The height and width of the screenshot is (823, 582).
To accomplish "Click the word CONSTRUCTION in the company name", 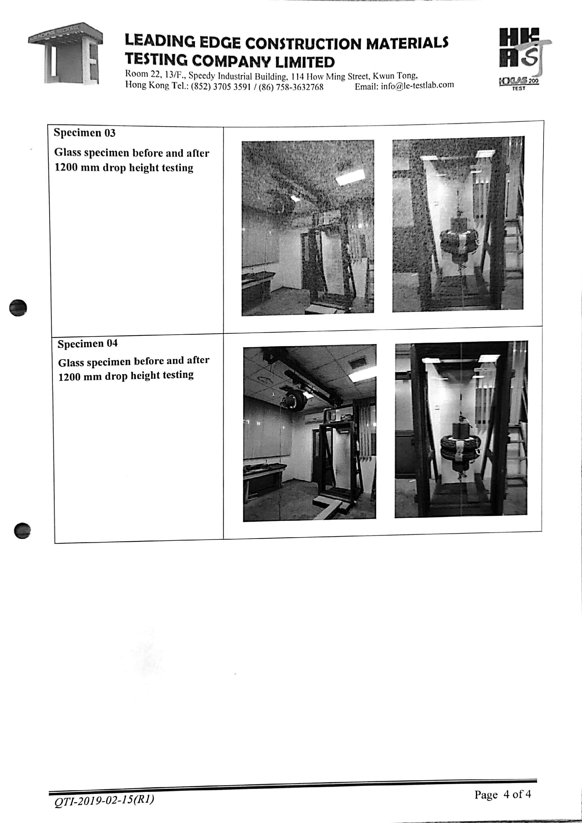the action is click(x=303, y=43).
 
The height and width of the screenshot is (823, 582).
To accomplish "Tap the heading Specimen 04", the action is click(x=88, y=343).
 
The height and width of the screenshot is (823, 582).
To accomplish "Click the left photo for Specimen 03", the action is click(x=308, y=228).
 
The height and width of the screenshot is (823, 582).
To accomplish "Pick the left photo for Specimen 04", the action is click(x=310, y=433).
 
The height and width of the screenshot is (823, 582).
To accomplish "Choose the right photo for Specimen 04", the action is click(x=461, y=429).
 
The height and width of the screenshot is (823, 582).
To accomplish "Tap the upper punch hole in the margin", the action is click(x=18, y=308).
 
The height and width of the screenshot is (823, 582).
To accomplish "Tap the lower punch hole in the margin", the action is click(x=22, y=530).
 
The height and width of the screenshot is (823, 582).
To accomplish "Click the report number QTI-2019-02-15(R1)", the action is click(x=104, y=800).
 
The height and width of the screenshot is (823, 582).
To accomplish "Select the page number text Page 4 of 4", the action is click(x=503, y=794).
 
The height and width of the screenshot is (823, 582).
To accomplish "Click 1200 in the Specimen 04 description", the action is click(x=69, y=377).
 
